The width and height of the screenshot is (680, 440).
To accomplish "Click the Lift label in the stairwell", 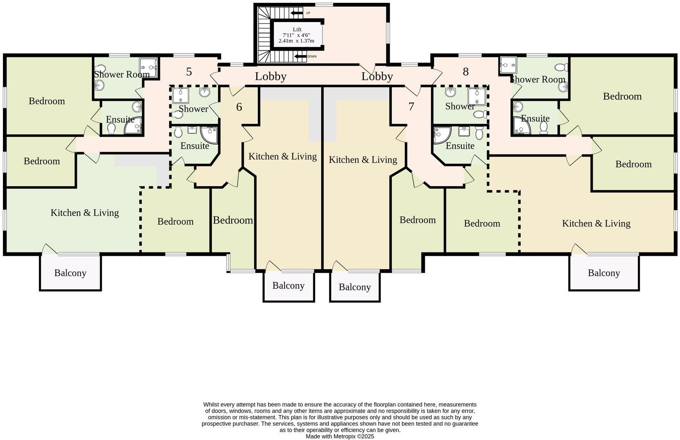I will tap(297, 29).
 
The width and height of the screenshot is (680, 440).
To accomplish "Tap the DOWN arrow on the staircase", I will tap(300, 56).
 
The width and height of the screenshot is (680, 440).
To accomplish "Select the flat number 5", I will tap(189, 72).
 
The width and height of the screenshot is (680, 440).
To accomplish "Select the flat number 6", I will tap(239, 107).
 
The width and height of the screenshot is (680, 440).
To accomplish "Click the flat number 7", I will tap(411, 107).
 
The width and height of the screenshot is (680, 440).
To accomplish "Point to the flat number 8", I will tap(465, 72).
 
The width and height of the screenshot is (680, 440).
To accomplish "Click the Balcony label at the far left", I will tap(70, 273).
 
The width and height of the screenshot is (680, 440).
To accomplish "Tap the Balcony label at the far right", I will tap(604, 273).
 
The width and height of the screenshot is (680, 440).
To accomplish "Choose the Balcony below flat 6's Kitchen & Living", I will tap(288, 286).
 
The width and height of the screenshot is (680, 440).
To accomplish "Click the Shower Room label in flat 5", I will tap(122, 74).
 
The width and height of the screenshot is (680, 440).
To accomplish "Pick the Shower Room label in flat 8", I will tap(537, 79).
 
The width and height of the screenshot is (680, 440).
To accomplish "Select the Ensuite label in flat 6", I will tap(195, 146).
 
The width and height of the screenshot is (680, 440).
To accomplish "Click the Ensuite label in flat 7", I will tap(460, 146).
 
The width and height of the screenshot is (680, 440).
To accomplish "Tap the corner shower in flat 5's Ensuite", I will tap(134, 126).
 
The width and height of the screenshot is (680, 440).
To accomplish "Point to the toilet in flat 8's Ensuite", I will tap(544, 128).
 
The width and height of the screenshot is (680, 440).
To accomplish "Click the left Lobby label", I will tap(271, 76).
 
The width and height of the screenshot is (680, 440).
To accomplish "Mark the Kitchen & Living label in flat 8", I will tap(596, 223).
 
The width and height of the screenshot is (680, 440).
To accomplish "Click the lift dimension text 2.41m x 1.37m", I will tap(296, 41).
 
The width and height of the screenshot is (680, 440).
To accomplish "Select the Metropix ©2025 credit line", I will tap(340, 436).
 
